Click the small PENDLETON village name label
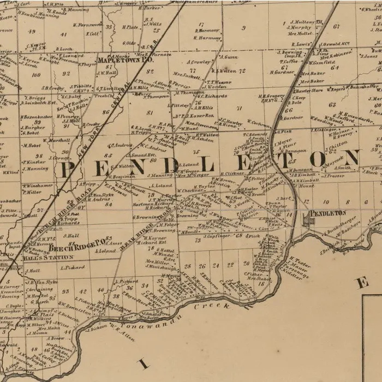pyautogui.click(x=327, y=212)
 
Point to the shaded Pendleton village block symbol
pyautogui.click(x=309, y=219)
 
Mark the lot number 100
pyautogui.click(x=36, y=75)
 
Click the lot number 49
pyautogui.click(x=32, y=31)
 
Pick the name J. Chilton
pyautogui.click(x=336, y=143)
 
